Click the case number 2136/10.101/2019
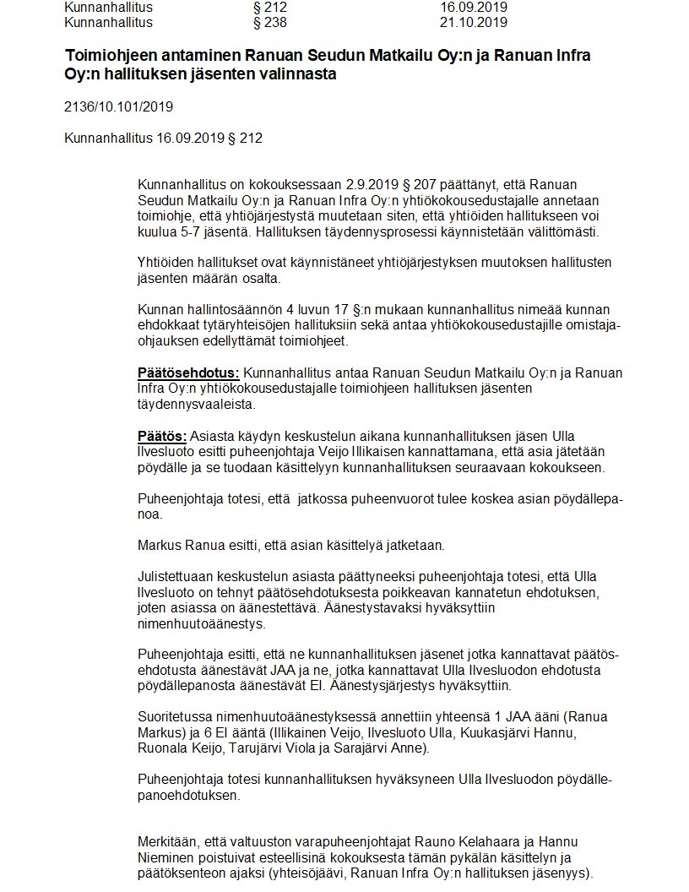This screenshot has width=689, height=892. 119,107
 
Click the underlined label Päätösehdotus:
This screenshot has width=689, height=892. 188,373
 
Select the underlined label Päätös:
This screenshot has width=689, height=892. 162,436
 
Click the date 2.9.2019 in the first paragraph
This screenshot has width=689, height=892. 372,184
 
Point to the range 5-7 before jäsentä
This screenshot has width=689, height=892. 186,231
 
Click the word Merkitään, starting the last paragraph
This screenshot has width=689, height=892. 168,841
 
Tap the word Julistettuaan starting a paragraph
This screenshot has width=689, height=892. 176,577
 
